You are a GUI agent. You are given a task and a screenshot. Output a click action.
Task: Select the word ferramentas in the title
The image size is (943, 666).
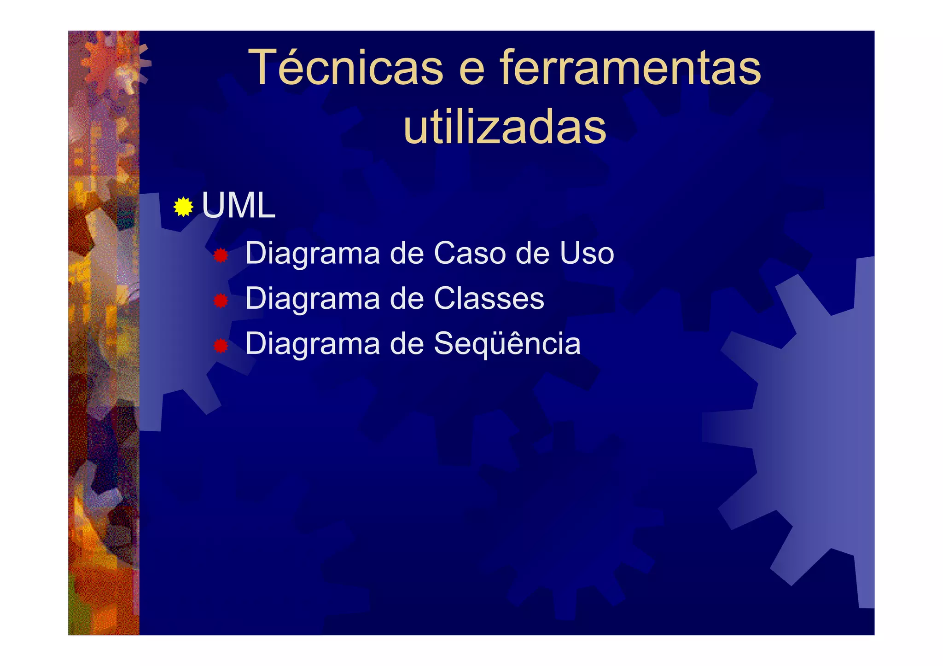(630, 68)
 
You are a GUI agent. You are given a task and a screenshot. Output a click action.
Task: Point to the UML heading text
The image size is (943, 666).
(239, 205)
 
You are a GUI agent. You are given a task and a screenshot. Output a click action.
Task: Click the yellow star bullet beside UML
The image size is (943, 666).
(183, 207)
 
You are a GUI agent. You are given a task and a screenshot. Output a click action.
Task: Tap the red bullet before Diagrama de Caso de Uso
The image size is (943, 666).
(221, 255)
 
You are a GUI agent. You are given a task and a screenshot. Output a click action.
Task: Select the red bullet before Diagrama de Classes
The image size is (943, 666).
(221, 301)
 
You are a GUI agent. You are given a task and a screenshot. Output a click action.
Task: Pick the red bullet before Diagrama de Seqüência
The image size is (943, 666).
(221, 346)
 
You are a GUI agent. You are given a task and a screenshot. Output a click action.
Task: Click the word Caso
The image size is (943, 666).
(470, 253)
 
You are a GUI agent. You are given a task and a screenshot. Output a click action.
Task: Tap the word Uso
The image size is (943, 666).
(587, 253)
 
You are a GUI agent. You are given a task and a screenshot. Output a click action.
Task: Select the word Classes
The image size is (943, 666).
(489, 298)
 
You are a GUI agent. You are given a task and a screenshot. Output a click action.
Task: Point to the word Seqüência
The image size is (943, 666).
(507, 343)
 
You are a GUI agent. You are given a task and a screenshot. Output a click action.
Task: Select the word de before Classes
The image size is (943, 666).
(407, 298)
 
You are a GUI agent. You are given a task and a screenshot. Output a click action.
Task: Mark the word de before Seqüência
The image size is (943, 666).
(407, 343)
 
